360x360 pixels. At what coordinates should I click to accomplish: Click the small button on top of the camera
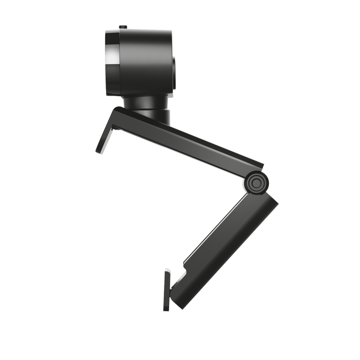point(122,26)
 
